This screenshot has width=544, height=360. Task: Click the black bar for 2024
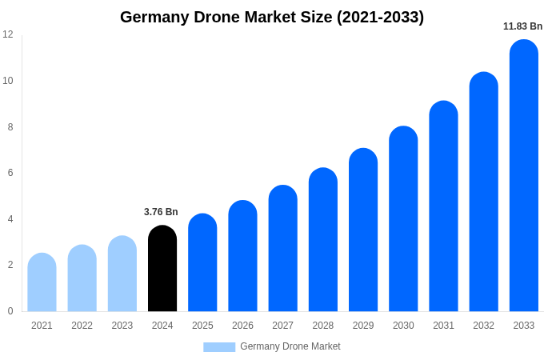click(162, 269)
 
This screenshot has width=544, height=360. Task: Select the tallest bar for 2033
click(523, 176)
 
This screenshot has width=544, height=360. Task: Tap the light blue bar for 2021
click(42, 282)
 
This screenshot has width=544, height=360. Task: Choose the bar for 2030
click(403, 219)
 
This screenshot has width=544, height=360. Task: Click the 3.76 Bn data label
click(161, 212)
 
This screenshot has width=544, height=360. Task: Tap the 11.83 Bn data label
click(522, 26)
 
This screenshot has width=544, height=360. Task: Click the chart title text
click(272, 17)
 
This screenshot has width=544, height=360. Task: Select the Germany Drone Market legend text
click(290, 346)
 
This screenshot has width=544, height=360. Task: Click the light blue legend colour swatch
click(219, 347)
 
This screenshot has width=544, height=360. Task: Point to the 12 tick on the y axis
click(8, 34)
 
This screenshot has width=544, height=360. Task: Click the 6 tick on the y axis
click(10, 173)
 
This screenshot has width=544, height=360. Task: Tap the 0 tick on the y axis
click(10, 311)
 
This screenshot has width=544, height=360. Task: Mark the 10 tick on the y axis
click(8, 81)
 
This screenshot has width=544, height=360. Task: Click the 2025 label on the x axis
click(202, 326)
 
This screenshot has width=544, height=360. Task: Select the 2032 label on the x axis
click(483, 326)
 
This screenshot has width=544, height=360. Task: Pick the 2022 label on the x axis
click(82, 326)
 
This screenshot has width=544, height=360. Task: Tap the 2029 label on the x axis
click(363, 326)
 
